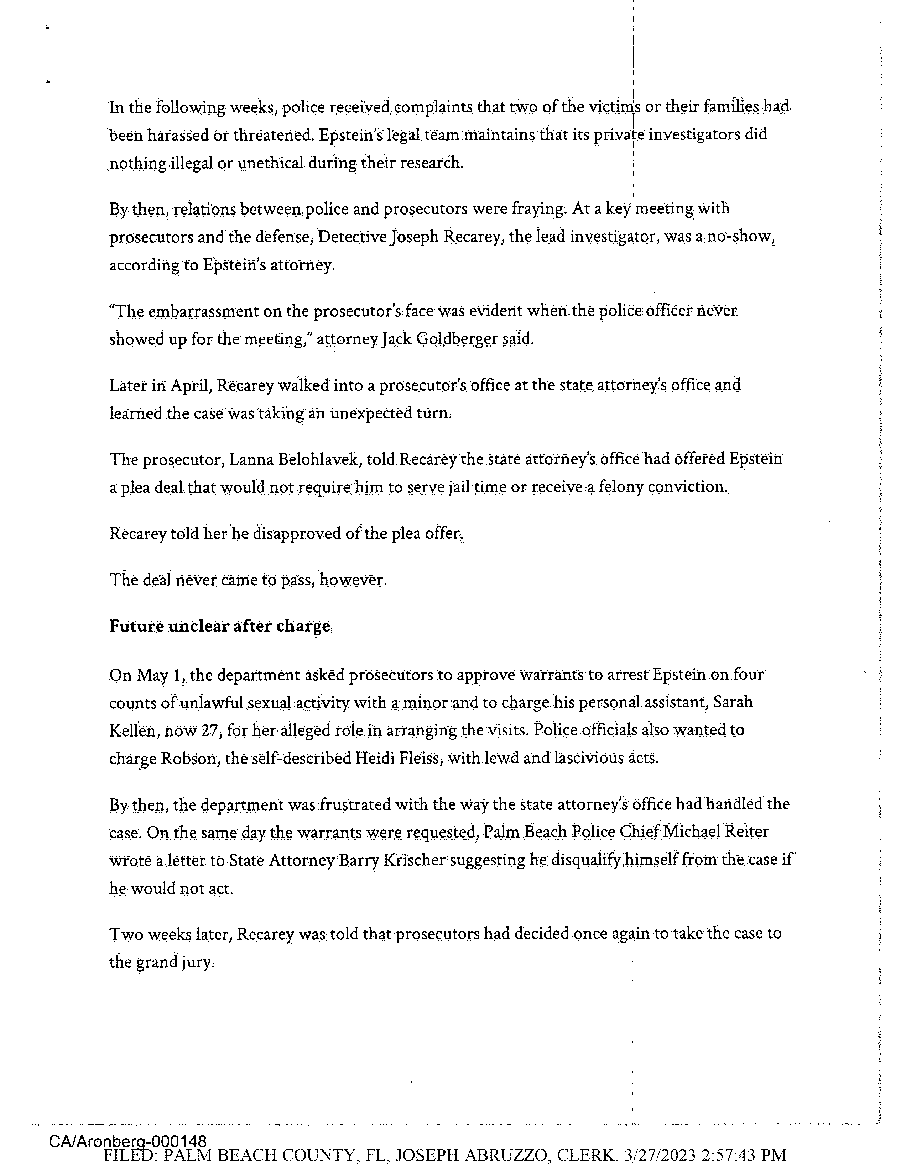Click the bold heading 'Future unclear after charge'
(220, 626)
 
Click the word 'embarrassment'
(220, 311)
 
